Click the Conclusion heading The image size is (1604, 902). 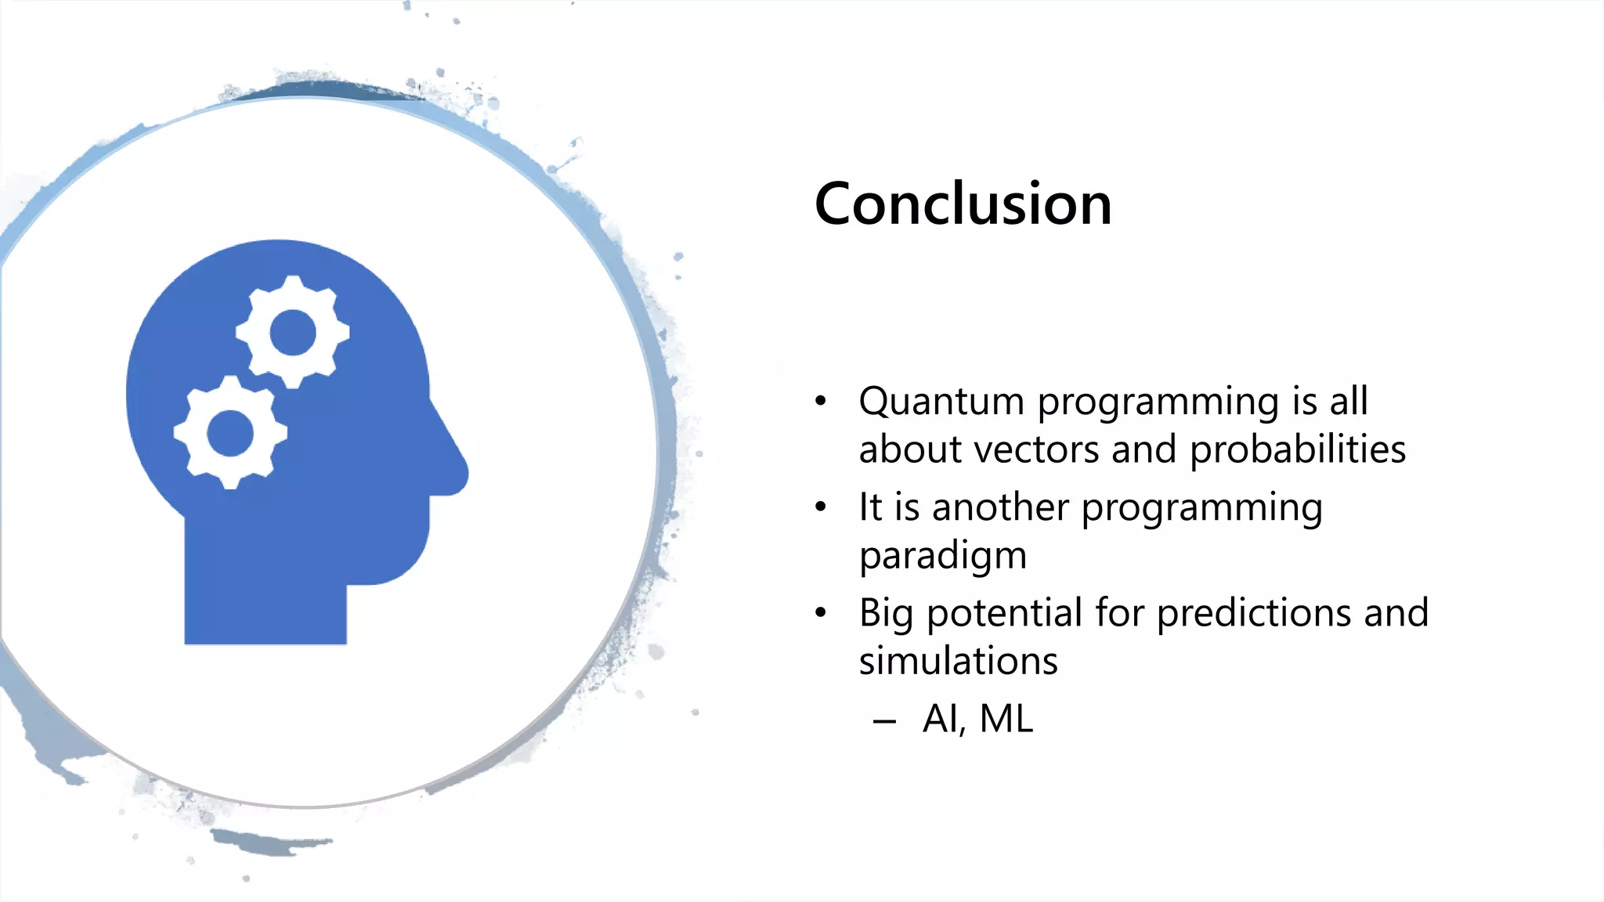(963, 204)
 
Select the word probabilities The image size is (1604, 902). (1298, 450)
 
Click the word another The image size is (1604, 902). (1000, 507)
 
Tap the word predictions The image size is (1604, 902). (1253, 613)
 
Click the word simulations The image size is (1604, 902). (958, 662)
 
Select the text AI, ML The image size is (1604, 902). (977, 719)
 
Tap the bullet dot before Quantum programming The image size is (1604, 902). (820, 402)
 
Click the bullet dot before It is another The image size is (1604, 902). (820, 507)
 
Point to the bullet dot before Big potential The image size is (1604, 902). (820, 613)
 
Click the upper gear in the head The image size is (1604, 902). (292, 332)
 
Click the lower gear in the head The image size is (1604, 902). (230, 432)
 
